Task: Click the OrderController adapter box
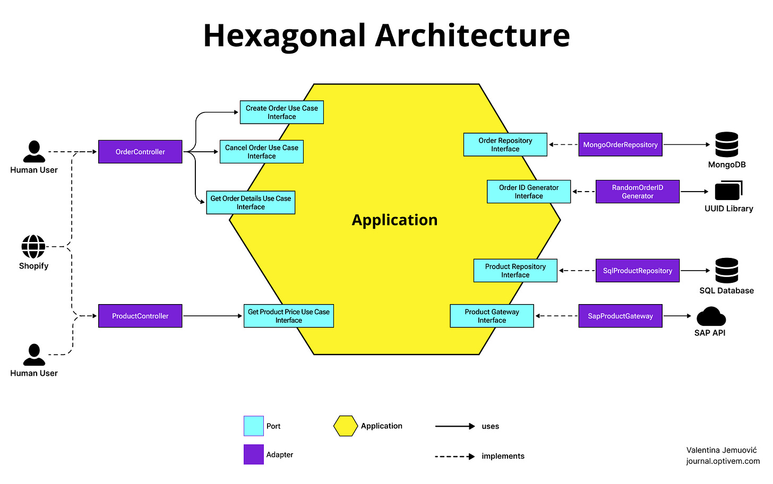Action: point(140,152)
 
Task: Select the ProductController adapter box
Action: point(140,316)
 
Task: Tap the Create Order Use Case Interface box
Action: point(281,113)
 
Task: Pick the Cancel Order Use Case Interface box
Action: point(261,152)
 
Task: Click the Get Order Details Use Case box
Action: point(251,203)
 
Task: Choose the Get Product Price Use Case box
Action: point(289,316)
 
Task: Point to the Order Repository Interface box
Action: point(505,144)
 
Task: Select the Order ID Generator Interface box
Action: point(529,192)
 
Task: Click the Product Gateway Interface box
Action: point(492,316)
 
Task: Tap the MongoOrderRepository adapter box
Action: point(620,144)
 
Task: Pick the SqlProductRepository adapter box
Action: point(637,271)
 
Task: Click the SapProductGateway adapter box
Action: point(620,316)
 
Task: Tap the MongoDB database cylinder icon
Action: point(727,144)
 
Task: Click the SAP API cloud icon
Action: point(711,317)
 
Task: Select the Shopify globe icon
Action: point(33,247)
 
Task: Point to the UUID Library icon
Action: point(728,191)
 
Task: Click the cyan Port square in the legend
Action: point(254,426)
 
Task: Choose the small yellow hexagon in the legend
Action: point(345,426)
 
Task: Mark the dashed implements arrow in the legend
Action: point(454,456)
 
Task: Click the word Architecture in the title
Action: point(473,36)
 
